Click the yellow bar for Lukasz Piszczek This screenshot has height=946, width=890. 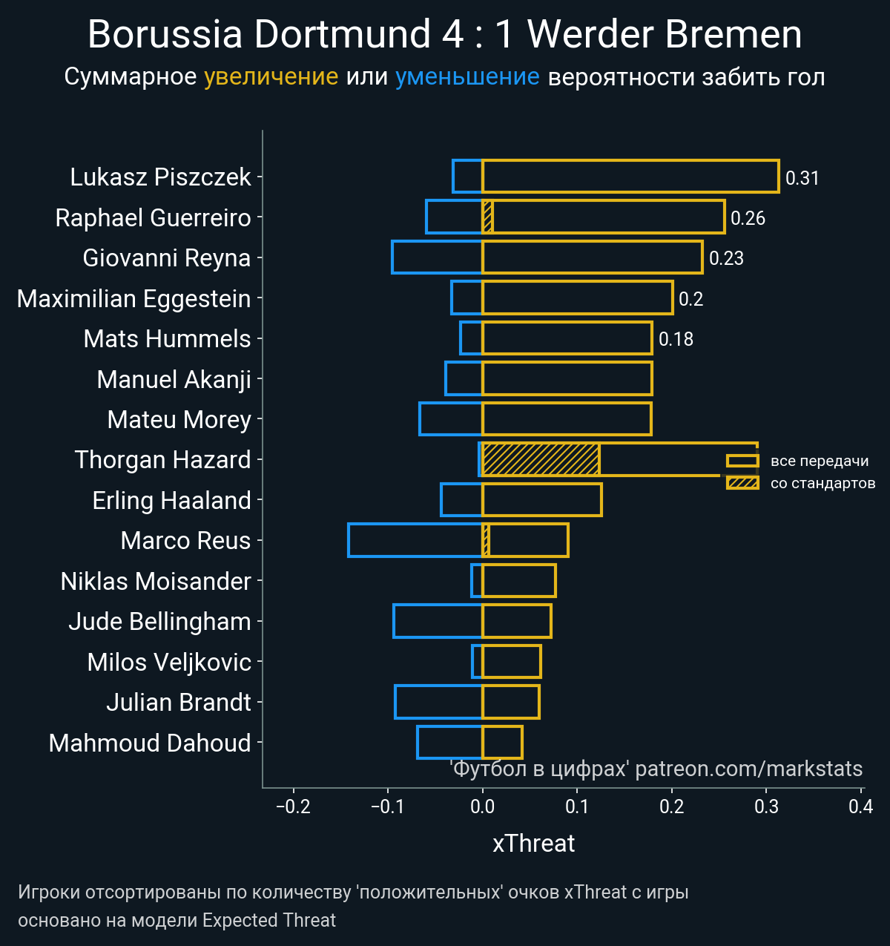(x=630, y=177)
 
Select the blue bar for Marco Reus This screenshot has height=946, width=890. (x=415, y=540)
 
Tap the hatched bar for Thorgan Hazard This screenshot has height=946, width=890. (x=541, y=459)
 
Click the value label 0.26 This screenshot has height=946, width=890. (x=748, y=218)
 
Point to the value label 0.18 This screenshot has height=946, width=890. (x=676, y=339)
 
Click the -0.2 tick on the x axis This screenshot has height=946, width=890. (x=293, y=807)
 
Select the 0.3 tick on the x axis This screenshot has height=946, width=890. (x=767, y=807)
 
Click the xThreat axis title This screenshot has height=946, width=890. (x=534, y=844)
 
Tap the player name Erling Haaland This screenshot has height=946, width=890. (x=171, y=501)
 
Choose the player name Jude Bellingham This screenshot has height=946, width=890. (x=159, y=622)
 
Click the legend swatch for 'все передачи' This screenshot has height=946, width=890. (x=742, y=461)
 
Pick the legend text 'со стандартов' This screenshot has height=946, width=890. (x=823, y=484)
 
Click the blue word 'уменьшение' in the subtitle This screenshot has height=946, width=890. (x=467, y=77)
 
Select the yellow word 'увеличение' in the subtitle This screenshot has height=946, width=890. (x=271, y=77)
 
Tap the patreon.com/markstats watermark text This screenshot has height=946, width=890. (x=749, y=769)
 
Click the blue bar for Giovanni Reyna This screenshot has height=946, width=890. (x=437, y=257)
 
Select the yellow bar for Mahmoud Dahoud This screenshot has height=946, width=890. (x=502, y=742)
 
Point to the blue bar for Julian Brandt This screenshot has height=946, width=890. (x=438, y=702)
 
